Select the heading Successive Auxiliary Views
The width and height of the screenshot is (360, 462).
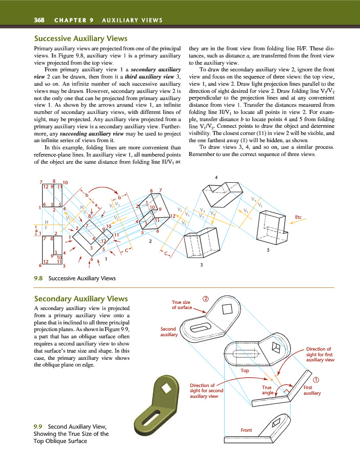pyautogui.click(x=81, y=38)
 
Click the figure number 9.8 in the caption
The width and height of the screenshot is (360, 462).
pyautogui.click(x=38, y=278)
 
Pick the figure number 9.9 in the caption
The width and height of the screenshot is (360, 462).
pyautogui.click(x=37, y=427)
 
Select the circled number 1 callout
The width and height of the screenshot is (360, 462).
pyautogui.click(x=316, y=379)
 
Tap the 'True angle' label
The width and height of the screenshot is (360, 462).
pyautogui.click(x=267, y=390)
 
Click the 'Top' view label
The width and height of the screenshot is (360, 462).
pyautogui.click(x=245, y=370)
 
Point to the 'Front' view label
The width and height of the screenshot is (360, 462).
pyautogui.click(x=246, y=429)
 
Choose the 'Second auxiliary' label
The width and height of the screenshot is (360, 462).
pyautogui.click(x=168, y=332)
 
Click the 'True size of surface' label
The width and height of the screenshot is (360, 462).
pyautogui.click(x=182, y=305)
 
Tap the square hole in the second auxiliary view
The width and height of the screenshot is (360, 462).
pyautogui.click(x=226, y=310)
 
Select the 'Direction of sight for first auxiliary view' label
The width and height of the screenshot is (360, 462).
pyautogui.click(x=320, y=354)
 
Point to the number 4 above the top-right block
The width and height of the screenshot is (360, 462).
pyautogui.click(x=216, y=177)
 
